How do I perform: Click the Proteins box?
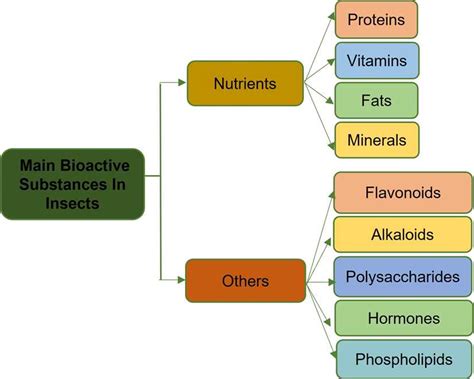(x=376, y=20)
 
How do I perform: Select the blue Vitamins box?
(x=376, y=60)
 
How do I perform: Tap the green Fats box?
(x=376, y=100)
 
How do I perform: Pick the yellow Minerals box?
(x=376, y=140)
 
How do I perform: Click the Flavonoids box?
(x=403, y=192)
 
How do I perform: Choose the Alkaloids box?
(x=403, y=234)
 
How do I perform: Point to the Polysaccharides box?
(x=403, y=276)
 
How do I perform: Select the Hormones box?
(x=403, y=318)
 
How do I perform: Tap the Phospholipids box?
(x=403, y=359)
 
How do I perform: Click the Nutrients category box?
(x=244, y=82)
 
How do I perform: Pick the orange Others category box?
(x=244, y=281)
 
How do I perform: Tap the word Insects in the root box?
(x=73, y=202)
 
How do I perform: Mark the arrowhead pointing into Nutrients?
(x=183, y=83)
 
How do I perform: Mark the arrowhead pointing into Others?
(x=183, y=281)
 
